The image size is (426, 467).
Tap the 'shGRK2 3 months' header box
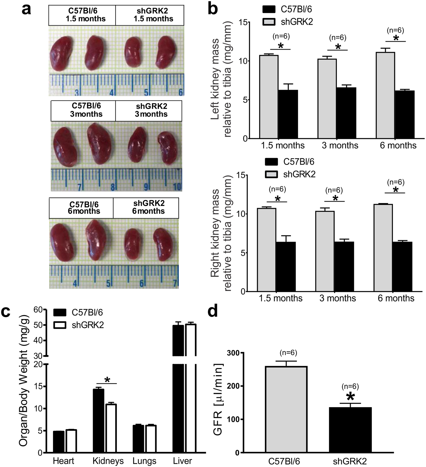point(149,111)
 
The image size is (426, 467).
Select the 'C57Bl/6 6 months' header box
point(81,208)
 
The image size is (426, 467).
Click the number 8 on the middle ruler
point(113,186)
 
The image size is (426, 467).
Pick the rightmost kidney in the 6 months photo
point(163,244)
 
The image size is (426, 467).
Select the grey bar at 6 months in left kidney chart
point(385,95)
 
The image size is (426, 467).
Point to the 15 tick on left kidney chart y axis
point(244,22)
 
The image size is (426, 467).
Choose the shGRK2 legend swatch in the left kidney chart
point(270,22)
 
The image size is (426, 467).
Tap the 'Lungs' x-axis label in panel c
point(144,461)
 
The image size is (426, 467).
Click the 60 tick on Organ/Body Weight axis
point(38,309)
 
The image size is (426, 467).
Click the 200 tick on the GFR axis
point(233,386)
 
